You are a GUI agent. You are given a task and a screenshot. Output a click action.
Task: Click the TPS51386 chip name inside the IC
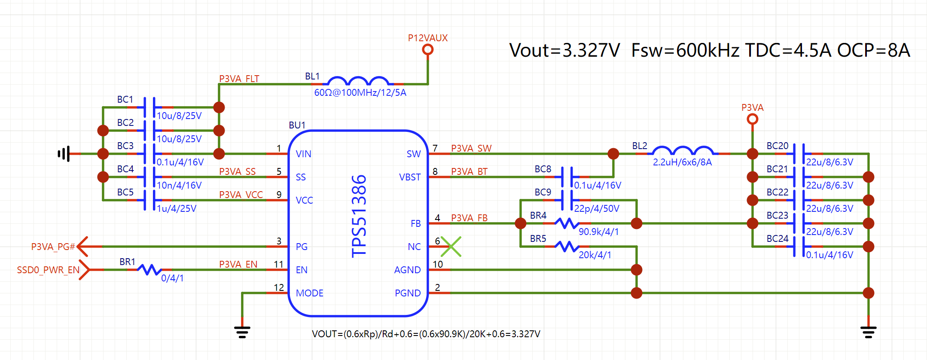click(359, 216)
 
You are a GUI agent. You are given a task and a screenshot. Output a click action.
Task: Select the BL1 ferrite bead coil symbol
click(358, 81)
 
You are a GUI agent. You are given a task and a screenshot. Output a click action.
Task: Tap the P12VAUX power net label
click(427, 38)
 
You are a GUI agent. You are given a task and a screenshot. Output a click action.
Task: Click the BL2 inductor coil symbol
click(683, 151)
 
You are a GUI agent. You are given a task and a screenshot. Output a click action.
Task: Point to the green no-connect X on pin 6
click(451, 247)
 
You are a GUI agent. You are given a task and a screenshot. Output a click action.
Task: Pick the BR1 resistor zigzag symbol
click(149, 269)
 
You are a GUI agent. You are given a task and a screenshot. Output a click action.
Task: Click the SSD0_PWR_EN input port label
click(48, 270)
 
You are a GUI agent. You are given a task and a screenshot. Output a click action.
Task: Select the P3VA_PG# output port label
click(53, 247)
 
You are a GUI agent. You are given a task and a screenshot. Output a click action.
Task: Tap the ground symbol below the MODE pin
click(242, 332)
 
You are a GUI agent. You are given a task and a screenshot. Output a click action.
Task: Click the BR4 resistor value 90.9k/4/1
click(598, 232)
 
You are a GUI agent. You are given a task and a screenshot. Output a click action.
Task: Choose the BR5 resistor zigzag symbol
click(567, 247)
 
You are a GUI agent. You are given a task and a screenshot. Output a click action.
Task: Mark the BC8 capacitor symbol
click(567, 177)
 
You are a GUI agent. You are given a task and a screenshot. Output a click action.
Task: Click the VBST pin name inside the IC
click(410, 177)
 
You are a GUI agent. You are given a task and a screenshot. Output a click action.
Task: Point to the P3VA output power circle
click(752, 119)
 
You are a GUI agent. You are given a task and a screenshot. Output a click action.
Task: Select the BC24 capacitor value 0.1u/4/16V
click(829, 255)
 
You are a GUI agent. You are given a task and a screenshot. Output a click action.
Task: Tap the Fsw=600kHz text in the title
click(685, 51)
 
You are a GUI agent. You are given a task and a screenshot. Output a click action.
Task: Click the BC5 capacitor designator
click(125, 192)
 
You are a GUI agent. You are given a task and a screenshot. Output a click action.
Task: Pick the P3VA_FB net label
click(469, 218)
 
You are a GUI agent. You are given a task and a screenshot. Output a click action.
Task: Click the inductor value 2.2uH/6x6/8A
click(682, 162)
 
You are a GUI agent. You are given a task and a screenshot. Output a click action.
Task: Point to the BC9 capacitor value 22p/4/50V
click(597, 209)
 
